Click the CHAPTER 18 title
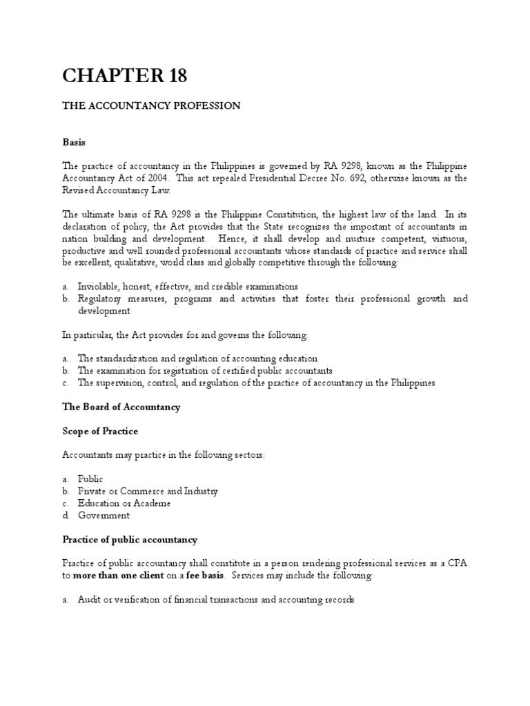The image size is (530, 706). tap(124, 76)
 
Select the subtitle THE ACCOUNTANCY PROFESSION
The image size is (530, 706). tap(152, 105)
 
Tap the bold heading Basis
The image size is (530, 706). tap(74, 141)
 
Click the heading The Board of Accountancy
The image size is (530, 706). tap(121, 407)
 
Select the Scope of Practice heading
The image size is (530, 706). tap(100, 431)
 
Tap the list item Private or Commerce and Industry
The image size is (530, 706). tap(148, 491)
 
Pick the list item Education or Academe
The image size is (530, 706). tap(124, 503)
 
